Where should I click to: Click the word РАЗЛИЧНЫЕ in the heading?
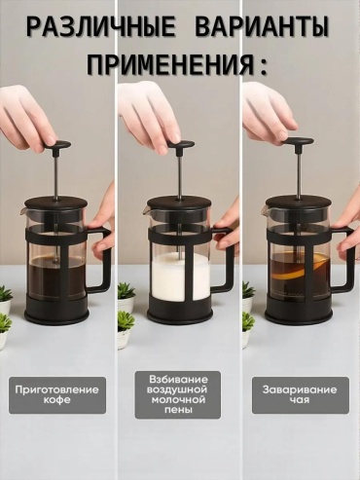101,26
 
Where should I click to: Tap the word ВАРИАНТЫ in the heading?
263,26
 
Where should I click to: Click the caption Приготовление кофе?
57,394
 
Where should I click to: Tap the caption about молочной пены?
177,394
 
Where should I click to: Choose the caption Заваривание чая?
300,394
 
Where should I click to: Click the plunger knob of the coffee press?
58,145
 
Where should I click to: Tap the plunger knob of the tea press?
299,141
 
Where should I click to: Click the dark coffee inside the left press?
55,277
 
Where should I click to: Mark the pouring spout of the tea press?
263,211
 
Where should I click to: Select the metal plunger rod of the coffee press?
56,173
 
